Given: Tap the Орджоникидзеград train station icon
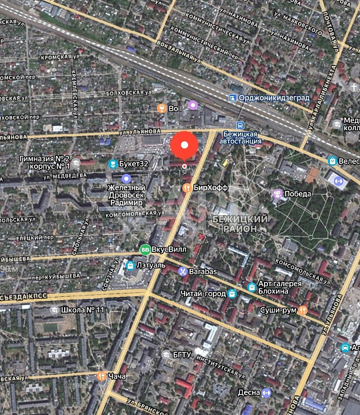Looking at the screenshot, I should point(232,97).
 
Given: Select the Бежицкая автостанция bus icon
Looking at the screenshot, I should point(241,125).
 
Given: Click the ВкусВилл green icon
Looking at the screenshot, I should point(145,250).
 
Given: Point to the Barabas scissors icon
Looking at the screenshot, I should point(183,271).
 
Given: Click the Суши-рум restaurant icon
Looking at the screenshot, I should point(303,310).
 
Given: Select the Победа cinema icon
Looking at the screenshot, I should point(276,193).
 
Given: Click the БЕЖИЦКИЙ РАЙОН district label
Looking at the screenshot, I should point(240,223).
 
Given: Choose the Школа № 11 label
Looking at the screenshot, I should point(83,310).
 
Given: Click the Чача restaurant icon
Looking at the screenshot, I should point(101,376).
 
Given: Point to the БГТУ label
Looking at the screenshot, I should point(183,354).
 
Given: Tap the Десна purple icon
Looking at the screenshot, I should point(267,392).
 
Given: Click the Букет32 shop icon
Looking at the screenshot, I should point(112,163).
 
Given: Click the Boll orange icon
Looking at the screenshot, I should point(161,108).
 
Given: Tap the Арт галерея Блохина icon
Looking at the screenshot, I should point(251,288).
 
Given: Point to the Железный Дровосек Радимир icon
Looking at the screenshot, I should point(126,178).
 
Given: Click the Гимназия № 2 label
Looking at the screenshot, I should point(45,158).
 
